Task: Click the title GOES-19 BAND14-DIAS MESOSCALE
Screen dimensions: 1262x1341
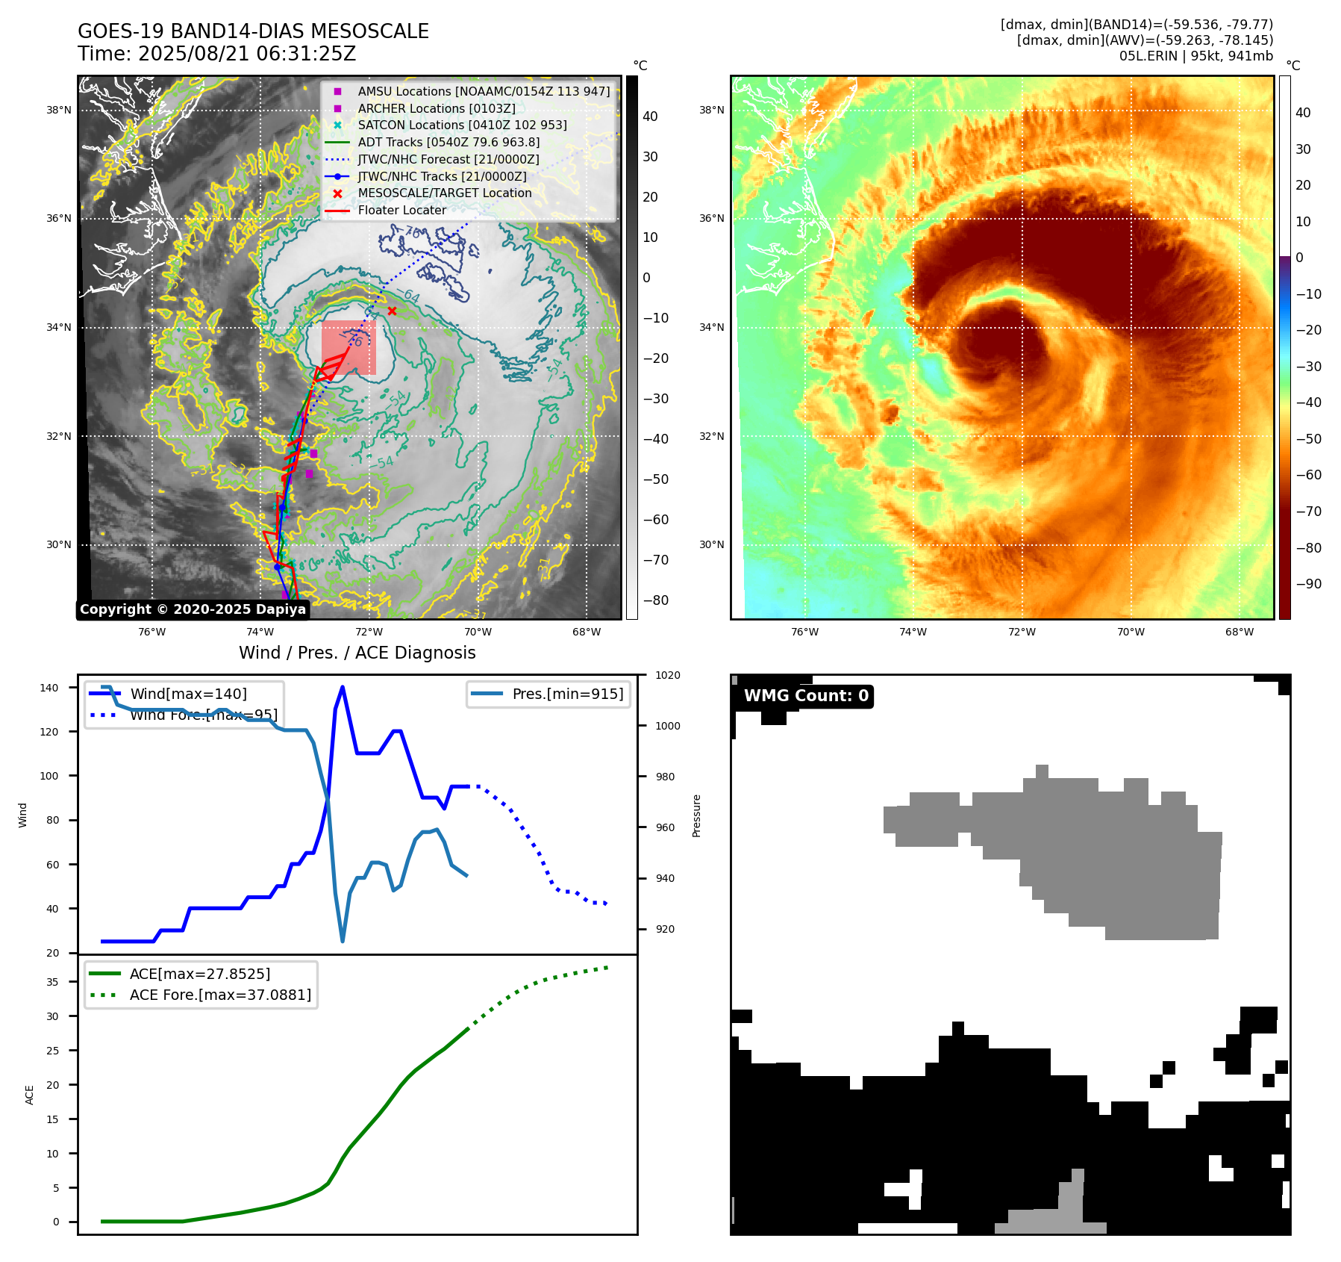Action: tap(253, 31)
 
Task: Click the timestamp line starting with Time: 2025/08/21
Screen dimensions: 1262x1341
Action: tap(216, 54)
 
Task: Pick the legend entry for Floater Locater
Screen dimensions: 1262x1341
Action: tap(401, 210)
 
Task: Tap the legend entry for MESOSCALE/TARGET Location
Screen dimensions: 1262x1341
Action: tap(444, 193)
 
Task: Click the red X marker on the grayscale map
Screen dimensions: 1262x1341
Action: tap(392, 311)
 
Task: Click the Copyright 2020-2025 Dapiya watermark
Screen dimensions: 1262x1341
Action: tap(193, 609)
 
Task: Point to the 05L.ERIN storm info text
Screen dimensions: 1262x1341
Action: tap(1195, 56)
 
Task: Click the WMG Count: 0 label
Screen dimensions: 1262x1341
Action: tap(806, 696)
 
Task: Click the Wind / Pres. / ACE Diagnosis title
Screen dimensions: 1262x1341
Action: tap(357, 653)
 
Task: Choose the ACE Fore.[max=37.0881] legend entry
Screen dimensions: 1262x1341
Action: tap(220, 995)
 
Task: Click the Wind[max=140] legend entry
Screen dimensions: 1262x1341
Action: tap(188, 694)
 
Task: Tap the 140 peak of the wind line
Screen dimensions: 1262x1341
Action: tap(343, 687)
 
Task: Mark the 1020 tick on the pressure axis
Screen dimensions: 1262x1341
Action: tap(667, 675)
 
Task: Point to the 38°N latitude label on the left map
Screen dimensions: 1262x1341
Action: tap(59, 110)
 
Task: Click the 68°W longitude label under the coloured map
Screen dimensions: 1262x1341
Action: tap(1239, 632)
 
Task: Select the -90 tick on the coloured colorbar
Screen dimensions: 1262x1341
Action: tap(1308, 584)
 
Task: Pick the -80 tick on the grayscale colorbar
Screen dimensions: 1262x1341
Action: tap(655, 600)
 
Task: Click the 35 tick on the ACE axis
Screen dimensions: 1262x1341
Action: tap(52, 982)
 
